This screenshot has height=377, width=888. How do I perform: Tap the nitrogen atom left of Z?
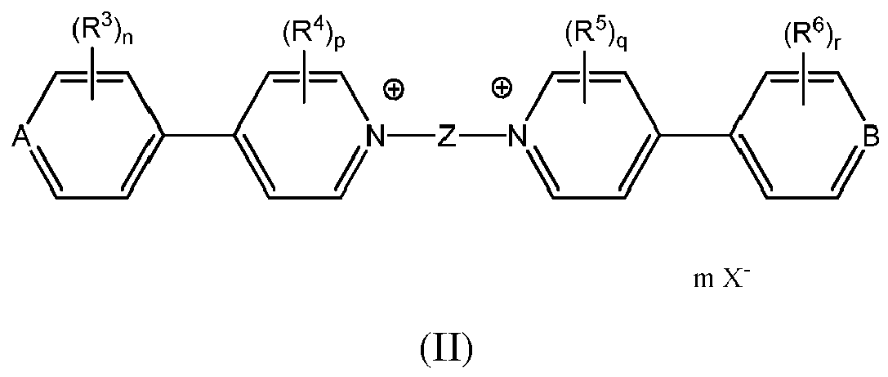375,137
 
